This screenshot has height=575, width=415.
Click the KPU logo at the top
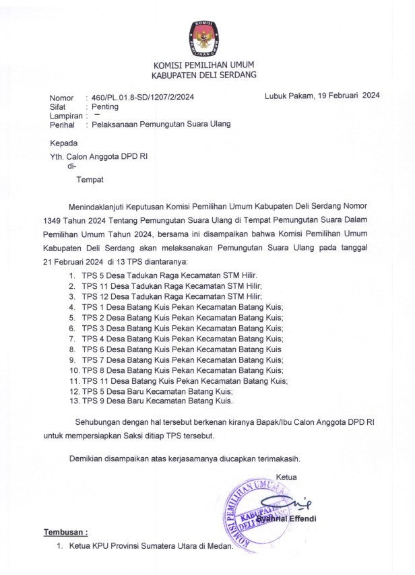tap(203, 38)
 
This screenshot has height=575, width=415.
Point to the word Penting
tap(105, 106)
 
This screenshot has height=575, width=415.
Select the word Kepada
tap(63, 143)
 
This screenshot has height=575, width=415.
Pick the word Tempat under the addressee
tap(90, 180)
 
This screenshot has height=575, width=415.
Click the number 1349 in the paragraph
tap(55, 220)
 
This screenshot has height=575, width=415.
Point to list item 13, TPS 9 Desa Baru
tap(157, 401)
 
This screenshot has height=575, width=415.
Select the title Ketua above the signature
tap(286, 477)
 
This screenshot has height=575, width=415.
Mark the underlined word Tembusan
tap(65, 533)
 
